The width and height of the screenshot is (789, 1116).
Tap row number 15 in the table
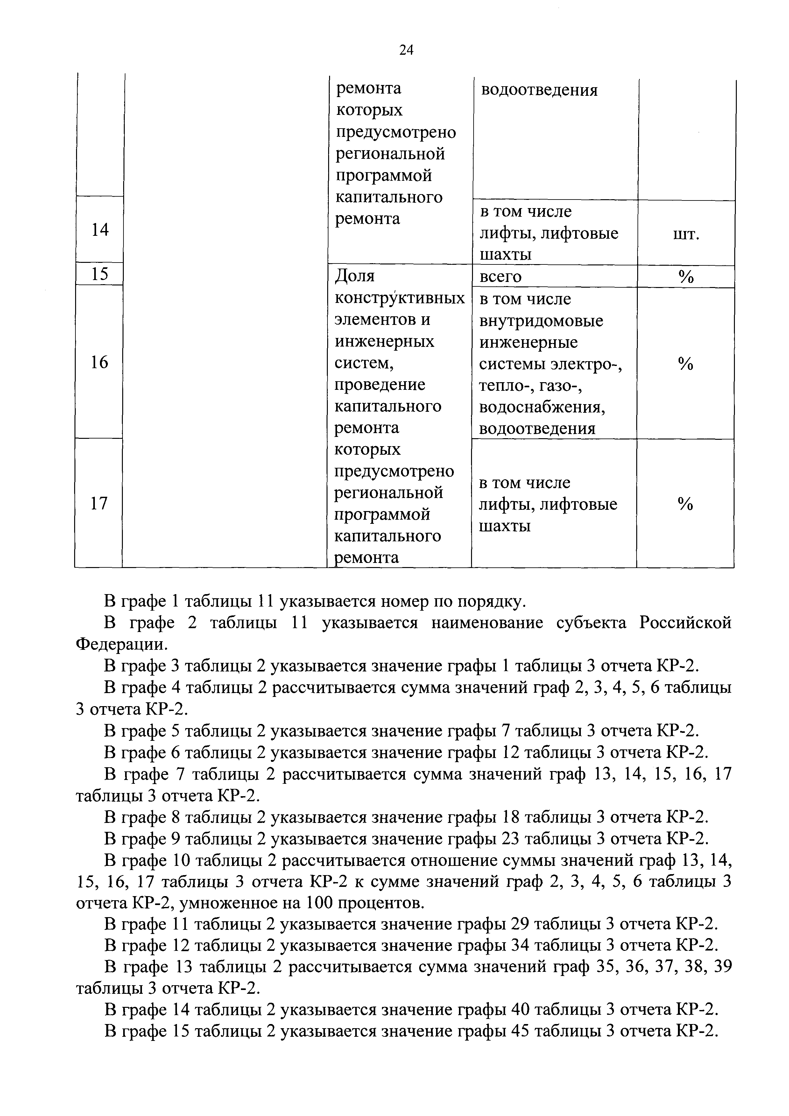[100, 274]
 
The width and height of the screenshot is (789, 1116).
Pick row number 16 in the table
[99, 362]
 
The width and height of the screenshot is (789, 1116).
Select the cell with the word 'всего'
[500, 277]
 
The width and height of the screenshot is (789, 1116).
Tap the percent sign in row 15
[686, 277]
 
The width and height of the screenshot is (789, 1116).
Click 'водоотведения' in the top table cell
[539, 90]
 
